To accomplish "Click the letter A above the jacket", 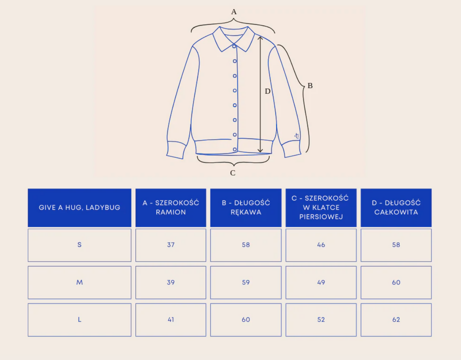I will click(x=234, y=12).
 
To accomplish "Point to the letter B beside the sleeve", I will click(x=310, y=85).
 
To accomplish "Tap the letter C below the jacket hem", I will click(x=233, y=173).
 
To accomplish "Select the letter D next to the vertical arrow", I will click(x=268, y=91).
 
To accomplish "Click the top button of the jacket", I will click(x=234, y=46).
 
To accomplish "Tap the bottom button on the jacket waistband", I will click(x=235, y=149).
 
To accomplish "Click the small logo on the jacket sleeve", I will click(x=297, y=136).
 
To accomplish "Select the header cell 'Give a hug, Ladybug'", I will click(x=79, y=207).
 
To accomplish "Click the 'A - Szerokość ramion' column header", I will click(x=171, y=207).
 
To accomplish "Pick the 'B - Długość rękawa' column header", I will click(x=246, y=207).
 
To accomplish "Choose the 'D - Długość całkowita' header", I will click(x=396, y=207).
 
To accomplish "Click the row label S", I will click(x=79, y=245).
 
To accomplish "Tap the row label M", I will click(x=79, y=282).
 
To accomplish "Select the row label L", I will click(x=79, y=320).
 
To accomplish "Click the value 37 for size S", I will click(x=171, y=245).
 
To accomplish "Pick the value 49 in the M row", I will click(x=321, y=282).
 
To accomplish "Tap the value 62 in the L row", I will click(x=396, y=320).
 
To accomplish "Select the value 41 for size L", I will click(x=171, y=320).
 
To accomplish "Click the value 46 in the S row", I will click(x=321, y=245).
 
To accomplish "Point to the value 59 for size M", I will click(x=246, y=282).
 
